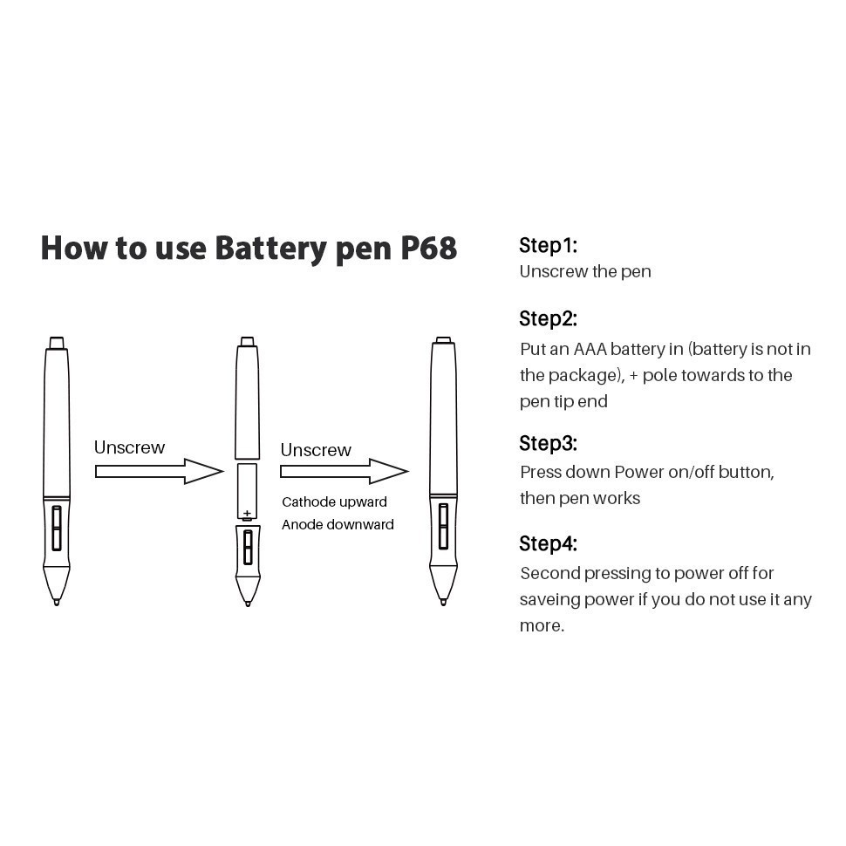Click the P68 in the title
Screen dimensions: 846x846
(428, 248)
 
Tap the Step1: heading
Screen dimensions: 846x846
(548, 245)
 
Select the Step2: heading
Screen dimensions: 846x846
(548, 318)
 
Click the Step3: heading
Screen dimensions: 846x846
(548, 443)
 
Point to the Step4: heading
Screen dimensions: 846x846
(548, 544)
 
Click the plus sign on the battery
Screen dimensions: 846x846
(247, 514)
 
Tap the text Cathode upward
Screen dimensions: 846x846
(334, 502)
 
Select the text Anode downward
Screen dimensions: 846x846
(338, 525)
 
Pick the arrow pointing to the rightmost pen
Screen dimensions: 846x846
(344, 472)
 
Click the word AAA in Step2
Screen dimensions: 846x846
(589, 350)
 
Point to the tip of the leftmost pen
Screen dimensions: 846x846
(57, 600)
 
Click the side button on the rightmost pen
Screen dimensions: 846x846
(443, 527)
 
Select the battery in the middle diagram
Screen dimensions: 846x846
(247, 492)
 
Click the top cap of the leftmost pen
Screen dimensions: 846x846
(56, 342)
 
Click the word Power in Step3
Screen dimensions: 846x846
(639, 473)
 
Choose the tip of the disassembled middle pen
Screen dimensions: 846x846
(248, 601)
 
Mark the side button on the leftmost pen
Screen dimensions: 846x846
(57, 528)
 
